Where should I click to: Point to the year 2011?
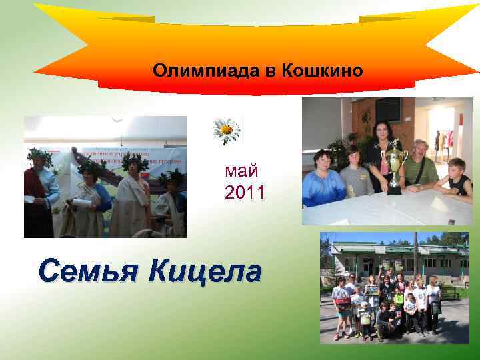[245, 193]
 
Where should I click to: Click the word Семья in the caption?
[89, 272]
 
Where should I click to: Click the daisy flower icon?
[227, 130]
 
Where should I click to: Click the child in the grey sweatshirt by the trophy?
[357, 177]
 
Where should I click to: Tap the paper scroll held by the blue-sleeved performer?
[81, 201]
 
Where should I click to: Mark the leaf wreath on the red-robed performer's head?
[39, 156]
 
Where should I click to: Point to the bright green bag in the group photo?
[399, 299]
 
